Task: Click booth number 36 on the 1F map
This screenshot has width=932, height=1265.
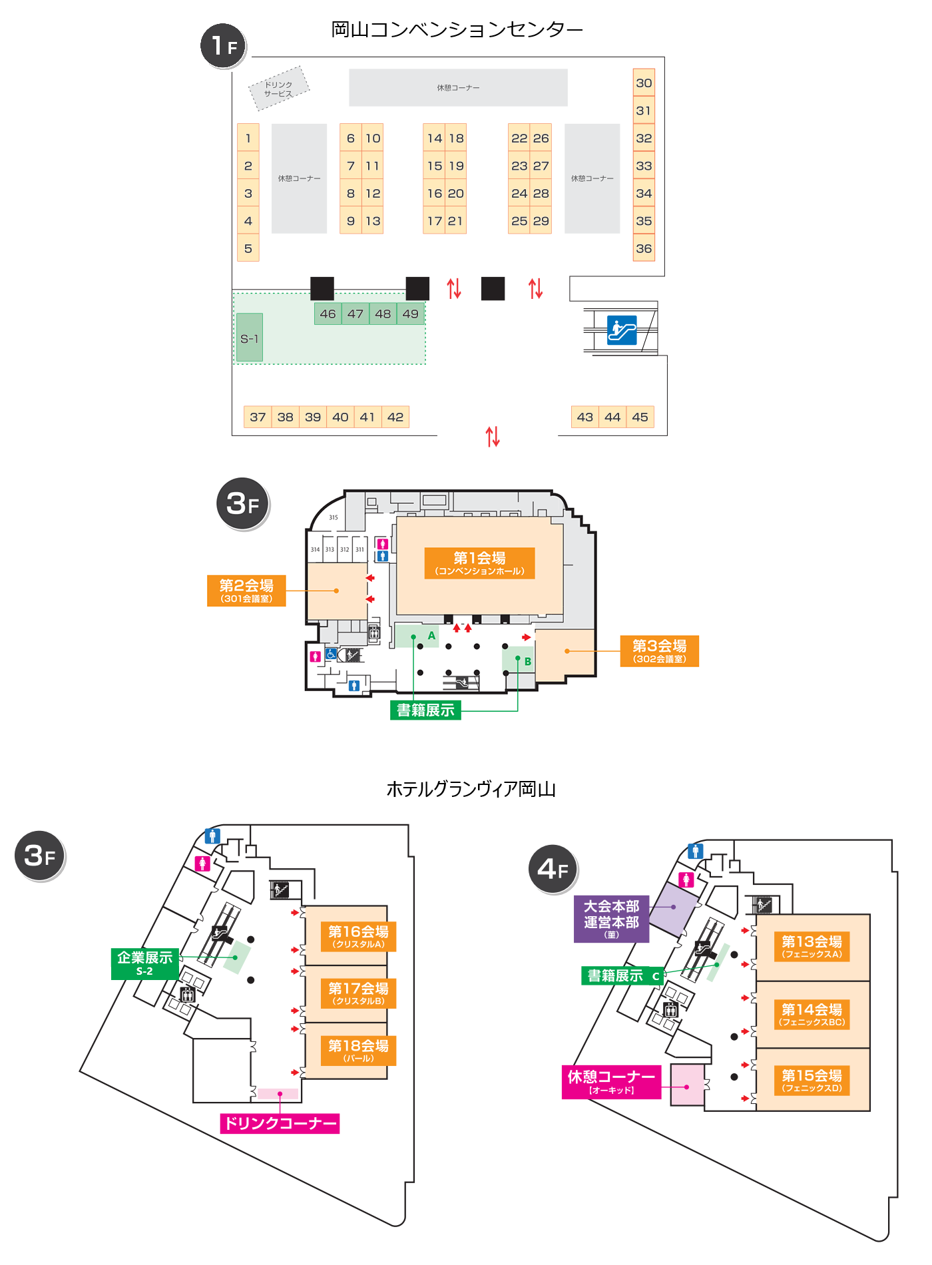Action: [x=644, y=248]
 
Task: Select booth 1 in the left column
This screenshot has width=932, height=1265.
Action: [x=248, y=138]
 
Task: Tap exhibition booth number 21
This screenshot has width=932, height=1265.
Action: [x=455, y=221]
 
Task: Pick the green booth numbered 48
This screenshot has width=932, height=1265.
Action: [x=383, y=314]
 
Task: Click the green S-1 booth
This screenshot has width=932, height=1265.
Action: [x=250, y=338]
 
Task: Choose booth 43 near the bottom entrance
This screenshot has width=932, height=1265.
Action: [x=585, y=417]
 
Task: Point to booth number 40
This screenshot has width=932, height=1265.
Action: [x=340, y=417]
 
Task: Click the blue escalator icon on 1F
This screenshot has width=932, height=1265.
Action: [x=622, y=330]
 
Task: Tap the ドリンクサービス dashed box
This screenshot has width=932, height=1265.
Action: [x=279, y=89]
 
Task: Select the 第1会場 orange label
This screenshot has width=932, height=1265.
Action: [x=479, y=563]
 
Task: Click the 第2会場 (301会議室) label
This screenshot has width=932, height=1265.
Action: [x=246, y=591]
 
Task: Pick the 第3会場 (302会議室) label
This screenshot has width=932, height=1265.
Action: [x=659, y=650]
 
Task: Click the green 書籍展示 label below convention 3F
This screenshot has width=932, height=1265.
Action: [x=425, y=710]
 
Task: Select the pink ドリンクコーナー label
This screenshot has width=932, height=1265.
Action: [x=280, y=1123]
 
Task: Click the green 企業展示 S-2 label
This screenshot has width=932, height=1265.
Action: [x=144, y=963]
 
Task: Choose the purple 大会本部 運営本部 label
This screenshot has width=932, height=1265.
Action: [x=611, y=919]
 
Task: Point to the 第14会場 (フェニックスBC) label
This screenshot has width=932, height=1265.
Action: [x=812, y=1014]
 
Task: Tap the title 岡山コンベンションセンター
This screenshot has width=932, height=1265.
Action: [x=457, y=29]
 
